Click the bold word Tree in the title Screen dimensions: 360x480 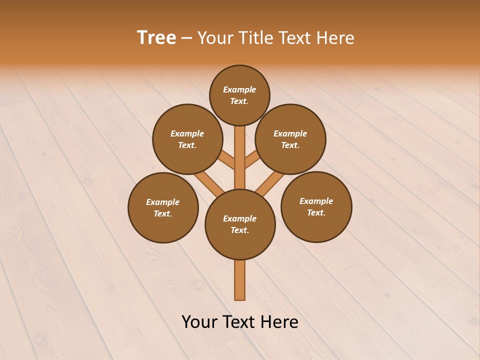(156, 38)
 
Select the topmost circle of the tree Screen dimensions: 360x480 (239, 95)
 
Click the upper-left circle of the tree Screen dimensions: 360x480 (187, 139)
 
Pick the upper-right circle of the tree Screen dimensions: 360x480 (290, 139)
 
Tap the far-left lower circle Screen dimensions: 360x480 (163, 207)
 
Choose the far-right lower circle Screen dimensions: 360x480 (316, 206)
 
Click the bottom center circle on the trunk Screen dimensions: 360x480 (240, 224)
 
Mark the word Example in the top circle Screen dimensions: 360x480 (239, 89)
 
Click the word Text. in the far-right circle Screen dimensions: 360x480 (316, 212)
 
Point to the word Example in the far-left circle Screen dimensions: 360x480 (162, 202)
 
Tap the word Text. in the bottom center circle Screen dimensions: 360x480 (239, 230)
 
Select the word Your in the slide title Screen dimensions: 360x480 (215, 38)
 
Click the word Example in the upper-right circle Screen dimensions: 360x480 (290, 133)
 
